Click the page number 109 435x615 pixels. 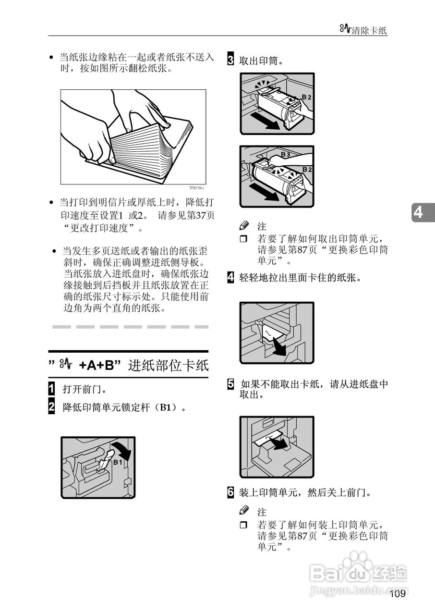click(398, 594)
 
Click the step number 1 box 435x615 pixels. click(51, 388)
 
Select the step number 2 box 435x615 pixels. click(51, 407)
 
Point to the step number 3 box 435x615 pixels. click(230, 61)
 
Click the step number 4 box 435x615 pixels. click(230, 277)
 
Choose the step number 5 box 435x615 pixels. click(230, 384)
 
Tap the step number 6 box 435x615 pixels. click(230, 492)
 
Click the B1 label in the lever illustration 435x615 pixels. click(118, 462)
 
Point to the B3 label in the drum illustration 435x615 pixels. click(285, 155)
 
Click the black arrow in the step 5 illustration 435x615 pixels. click(278, 442)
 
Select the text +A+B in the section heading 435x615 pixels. click(98, 366)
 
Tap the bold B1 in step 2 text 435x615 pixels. click(166, 408)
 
